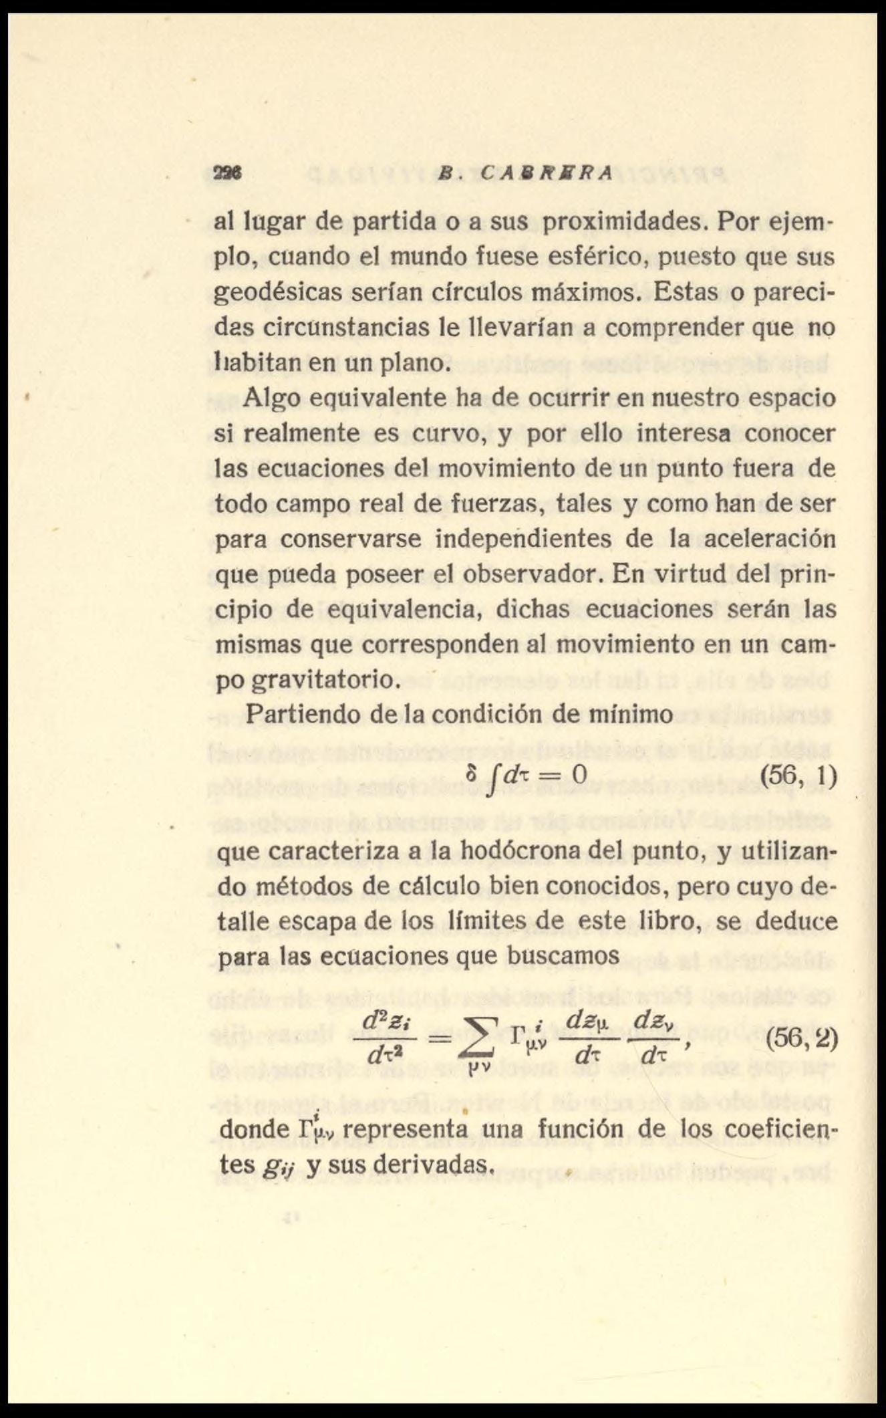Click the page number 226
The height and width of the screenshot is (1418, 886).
click(x=228, y=172)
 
